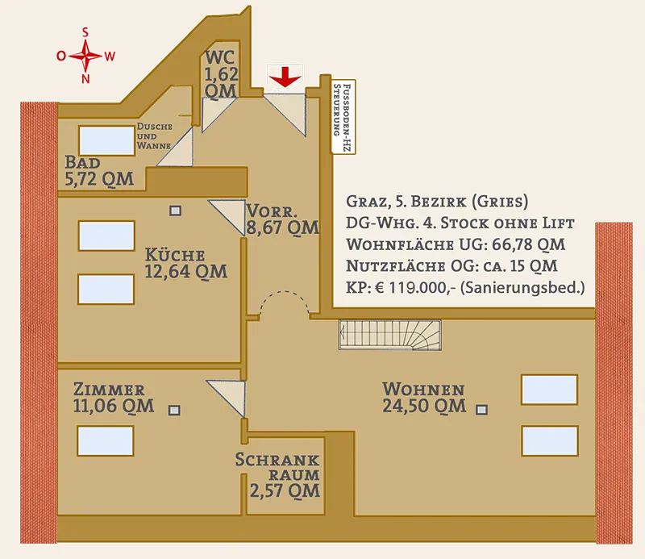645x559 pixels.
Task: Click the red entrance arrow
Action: click(285, 77)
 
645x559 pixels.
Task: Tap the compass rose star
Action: click(85, 56)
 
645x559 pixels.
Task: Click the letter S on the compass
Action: click(85, 32)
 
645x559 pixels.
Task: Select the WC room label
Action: click(221, 74)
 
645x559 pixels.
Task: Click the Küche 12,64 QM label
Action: click(185, 264)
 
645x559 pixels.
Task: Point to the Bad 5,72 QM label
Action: click(99, 171)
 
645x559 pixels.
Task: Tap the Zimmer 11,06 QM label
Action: click(114, 398)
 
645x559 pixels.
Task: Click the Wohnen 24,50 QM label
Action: click(424, 398)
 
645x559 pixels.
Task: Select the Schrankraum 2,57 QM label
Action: click(277, 475)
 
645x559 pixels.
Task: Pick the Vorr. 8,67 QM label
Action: click(283, 219)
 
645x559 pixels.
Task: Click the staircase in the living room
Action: click(390, 335)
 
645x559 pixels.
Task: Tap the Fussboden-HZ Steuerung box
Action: click(343, 117)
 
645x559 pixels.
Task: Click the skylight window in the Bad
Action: click(106, 141)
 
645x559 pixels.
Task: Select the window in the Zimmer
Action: click(106, 441)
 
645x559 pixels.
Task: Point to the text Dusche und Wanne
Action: click(154, 136)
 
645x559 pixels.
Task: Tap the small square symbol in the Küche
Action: click(175, 211)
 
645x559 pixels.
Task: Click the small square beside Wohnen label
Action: click(481, 410)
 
